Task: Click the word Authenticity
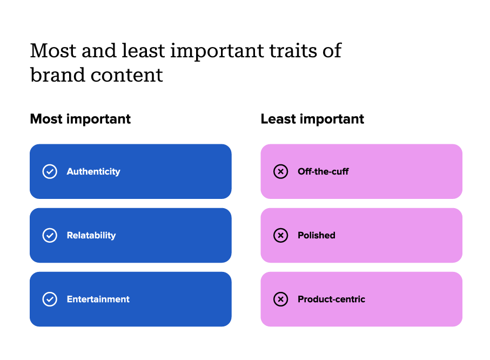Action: click(93, 171)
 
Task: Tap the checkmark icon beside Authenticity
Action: click(50, 171)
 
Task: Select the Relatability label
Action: click(91, 235)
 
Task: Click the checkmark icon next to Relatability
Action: click(50, 235)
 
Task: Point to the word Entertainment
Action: click(98, 299)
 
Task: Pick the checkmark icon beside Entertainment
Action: click(50, 299)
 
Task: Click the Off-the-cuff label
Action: click(323, 171)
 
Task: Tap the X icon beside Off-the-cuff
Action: click(280, 171)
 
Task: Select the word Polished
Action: click(317, 235)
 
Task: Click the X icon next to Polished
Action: click(280, 235)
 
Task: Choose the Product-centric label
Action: click(331, 299)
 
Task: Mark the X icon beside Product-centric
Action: click(280, 299)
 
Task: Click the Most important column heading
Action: click(80, 119)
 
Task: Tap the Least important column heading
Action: click(312, 119)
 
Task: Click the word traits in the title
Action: click(286, 51)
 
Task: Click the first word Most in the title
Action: click(51, 51)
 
